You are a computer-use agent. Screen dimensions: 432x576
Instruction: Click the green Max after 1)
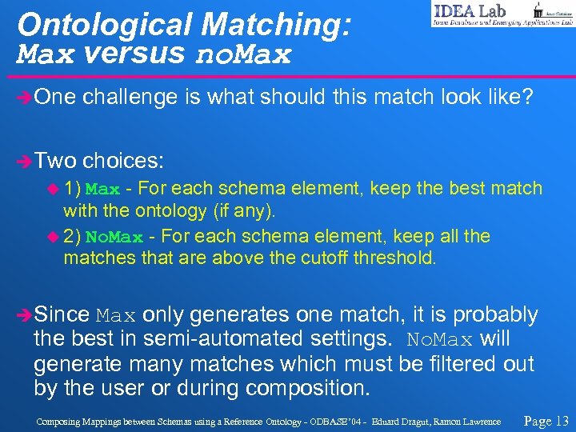tap(102, 190)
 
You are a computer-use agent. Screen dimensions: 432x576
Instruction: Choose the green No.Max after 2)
tap(114, 238)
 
